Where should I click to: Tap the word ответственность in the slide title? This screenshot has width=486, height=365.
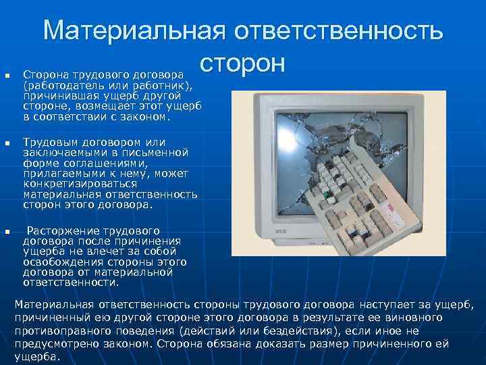coord(338,31)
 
